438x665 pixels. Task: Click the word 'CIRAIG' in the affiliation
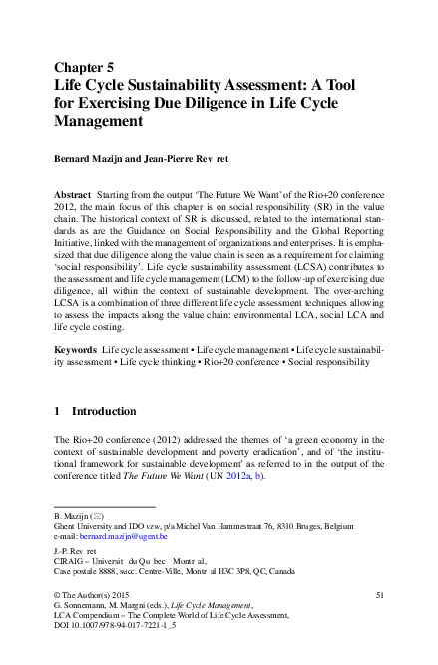click(70, 559)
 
